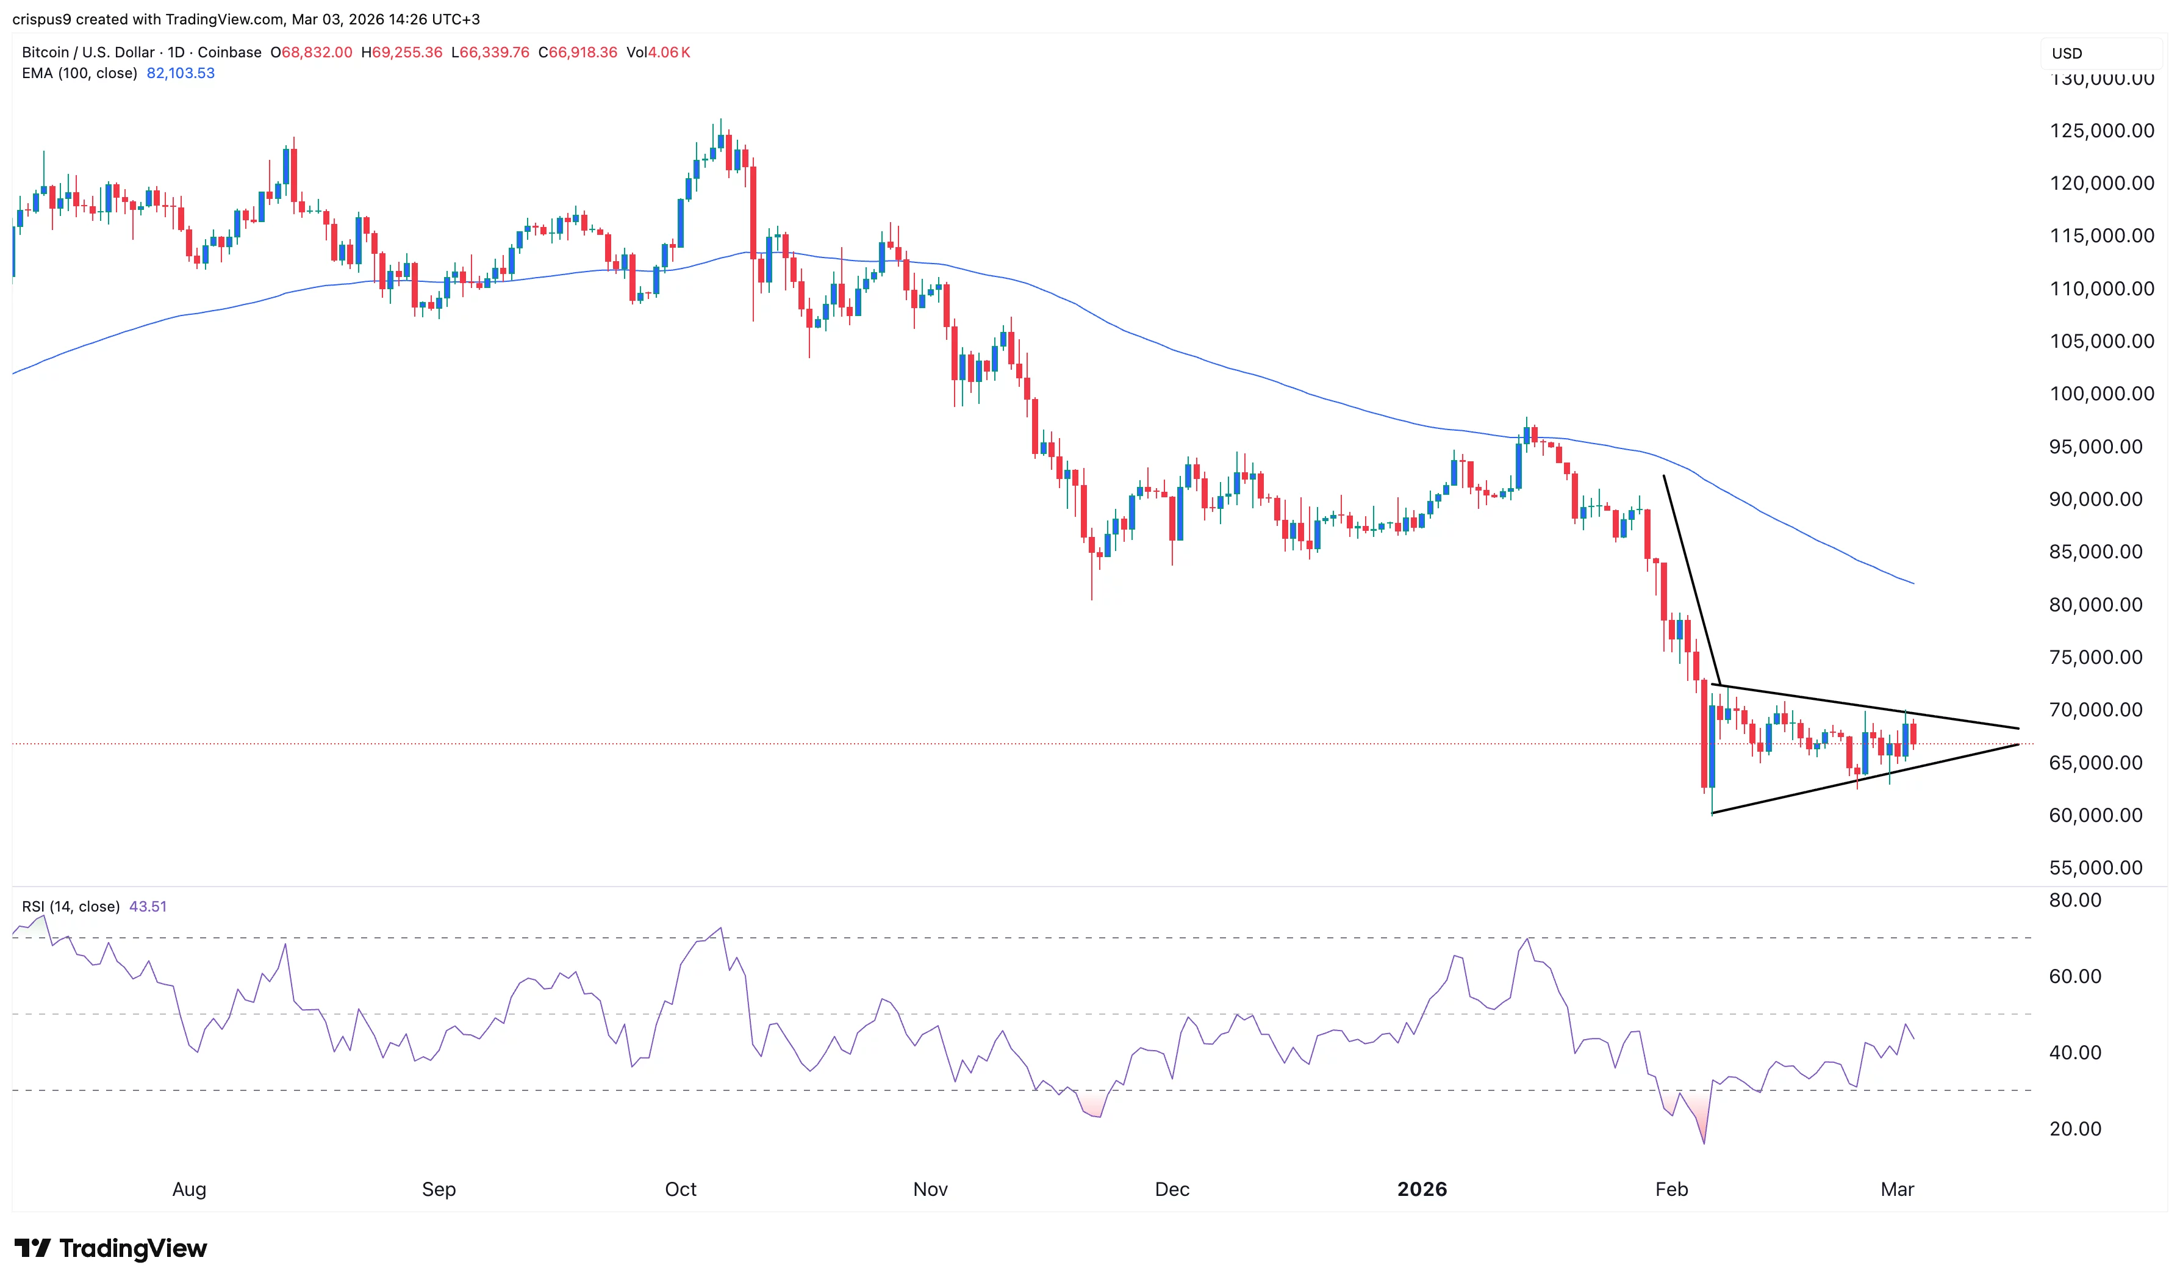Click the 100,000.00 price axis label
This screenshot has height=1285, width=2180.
2101,394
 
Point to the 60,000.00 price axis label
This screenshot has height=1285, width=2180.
2095,816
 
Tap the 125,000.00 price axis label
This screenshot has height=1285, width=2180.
2101,131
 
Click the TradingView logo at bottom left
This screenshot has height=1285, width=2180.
111,1248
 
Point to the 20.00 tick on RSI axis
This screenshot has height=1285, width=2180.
2074,1129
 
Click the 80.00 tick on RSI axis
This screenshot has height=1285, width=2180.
2074,901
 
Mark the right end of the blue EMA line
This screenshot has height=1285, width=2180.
1913,583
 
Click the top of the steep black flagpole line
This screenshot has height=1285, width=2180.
1663,475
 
